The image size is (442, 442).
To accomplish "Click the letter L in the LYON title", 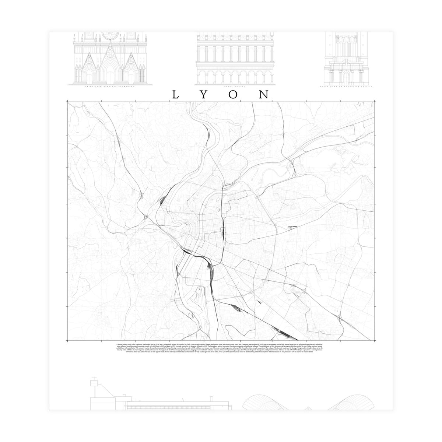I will click(176, 95).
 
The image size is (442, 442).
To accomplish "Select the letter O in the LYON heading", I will click(233, 95).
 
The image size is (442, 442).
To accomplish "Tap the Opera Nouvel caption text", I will click(234, 87).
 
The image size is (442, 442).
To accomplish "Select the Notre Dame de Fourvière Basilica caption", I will click(346, 87).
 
